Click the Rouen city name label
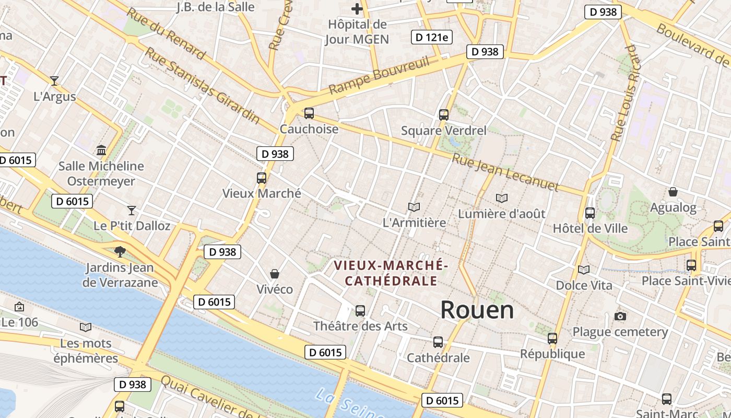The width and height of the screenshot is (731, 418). point(477,310)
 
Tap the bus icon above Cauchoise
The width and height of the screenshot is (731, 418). point(309,113)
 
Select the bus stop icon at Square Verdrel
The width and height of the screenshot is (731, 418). point(444,114)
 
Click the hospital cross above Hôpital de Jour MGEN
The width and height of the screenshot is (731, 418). point(357,9)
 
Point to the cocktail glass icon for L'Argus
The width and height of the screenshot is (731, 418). point(54,80)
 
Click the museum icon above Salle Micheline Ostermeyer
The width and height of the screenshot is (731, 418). point(101,150)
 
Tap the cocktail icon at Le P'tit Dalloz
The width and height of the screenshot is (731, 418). point(132,210)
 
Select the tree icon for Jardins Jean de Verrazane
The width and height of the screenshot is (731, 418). point(120,251)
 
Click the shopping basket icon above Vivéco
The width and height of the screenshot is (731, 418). point(275,273)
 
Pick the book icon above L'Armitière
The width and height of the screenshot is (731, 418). point(414,207)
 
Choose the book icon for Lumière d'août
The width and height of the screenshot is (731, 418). point(502,198)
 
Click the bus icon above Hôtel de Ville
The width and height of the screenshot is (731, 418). point(590,213)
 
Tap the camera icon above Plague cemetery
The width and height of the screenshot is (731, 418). point(620,316)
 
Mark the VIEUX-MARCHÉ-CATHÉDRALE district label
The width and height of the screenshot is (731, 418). point(391,273)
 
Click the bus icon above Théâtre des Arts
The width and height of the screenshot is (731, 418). point(360,310)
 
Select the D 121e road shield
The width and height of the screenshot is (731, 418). point(432,37)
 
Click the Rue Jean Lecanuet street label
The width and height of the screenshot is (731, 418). point(505,172)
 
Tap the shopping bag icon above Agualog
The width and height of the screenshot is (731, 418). point(673,192)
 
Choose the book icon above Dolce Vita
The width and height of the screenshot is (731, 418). point(584,270)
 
